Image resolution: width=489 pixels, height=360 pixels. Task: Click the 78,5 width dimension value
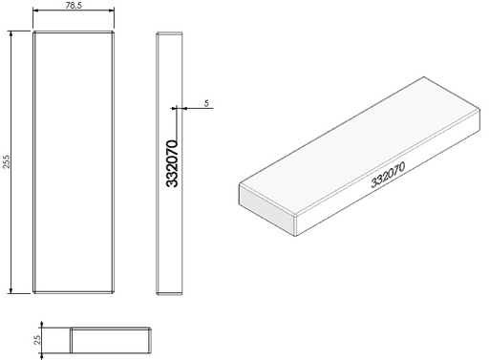[74, 6]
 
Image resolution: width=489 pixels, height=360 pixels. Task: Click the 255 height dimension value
[6, 161]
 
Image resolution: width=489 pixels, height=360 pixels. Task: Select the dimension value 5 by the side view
[206, 101]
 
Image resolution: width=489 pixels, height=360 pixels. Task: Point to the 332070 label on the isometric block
[389, 175]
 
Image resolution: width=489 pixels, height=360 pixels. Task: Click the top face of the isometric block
[363, 148]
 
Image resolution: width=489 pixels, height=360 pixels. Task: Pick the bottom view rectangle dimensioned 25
[111, 342]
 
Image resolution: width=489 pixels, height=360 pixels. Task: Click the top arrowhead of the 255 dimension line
[11, 34]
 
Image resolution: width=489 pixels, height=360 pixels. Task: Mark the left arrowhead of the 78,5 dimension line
[36, 12]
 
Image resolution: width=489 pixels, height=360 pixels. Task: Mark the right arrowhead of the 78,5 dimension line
[114, 12]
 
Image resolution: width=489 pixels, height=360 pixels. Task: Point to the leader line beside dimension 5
[196, 108]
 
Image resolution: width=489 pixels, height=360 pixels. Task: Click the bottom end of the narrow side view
[168, 289]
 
